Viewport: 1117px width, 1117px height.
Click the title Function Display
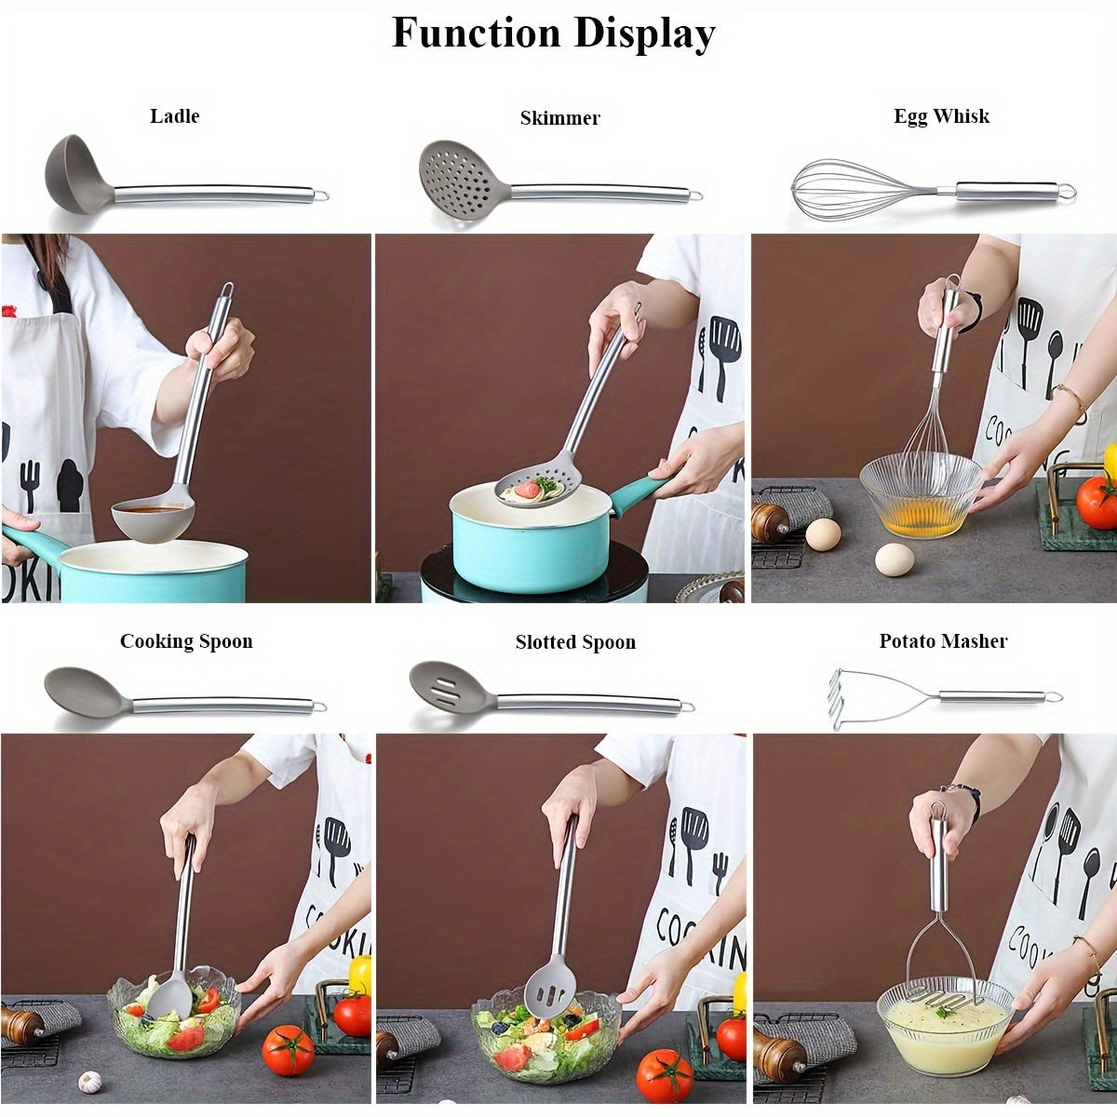(x=553, y=34)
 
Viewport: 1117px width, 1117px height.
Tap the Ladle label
(x=175, y=116)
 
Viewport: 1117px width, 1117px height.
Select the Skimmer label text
(x=559, y=118)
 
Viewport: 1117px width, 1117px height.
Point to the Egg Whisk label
(x=941, y=116)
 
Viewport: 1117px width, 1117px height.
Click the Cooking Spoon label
(x=186, y=641)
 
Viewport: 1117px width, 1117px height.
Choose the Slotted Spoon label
(x=575, y=642)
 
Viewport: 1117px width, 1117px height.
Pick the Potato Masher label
(x=943, y=641)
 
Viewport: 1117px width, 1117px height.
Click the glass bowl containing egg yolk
(x=920, y=498)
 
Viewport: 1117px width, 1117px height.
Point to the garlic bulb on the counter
(x=89, y=1082)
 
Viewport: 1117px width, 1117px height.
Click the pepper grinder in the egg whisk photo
(x=771, y=524)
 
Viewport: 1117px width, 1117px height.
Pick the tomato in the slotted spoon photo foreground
(x=665, y=1075)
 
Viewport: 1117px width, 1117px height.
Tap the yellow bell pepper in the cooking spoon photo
(x=360, y=974)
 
